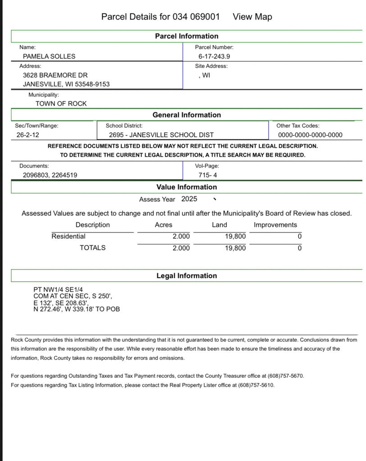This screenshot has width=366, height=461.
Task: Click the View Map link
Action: (x=252, y=17)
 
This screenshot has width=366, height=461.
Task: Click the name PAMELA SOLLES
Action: (x=49, y=56)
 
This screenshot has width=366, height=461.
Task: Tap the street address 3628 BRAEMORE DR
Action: (x=55, y=75)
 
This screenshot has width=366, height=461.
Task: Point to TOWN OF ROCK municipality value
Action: (x=61, y=104)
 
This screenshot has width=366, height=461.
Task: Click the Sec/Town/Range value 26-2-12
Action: (x=27, y=135)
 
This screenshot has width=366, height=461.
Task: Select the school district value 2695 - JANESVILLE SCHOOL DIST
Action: (x=161, y=135)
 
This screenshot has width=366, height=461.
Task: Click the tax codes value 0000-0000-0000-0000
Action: (x=310, y=135)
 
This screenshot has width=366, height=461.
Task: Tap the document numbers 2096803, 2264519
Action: (x=50, y=175)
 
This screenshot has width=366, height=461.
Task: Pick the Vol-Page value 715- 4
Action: (x=208, y=175)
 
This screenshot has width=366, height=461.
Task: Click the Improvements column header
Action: (x=276, y=225)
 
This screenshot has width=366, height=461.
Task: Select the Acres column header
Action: (x=163, y=225)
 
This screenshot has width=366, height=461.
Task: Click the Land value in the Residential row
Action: (x=235, y=236)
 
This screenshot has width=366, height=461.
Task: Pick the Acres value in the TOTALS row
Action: (x=181, y=248)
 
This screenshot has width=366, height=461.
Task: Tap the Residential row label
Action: (x=68, y=236)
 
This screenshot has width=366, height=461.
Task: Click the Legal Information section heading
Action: (x=186, y=276)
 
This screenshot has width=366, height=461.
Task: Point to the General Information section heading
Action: (x=186, y=115)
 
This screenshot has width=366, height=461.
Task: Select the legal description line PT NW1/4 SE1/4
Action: (x=58, y=290)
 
